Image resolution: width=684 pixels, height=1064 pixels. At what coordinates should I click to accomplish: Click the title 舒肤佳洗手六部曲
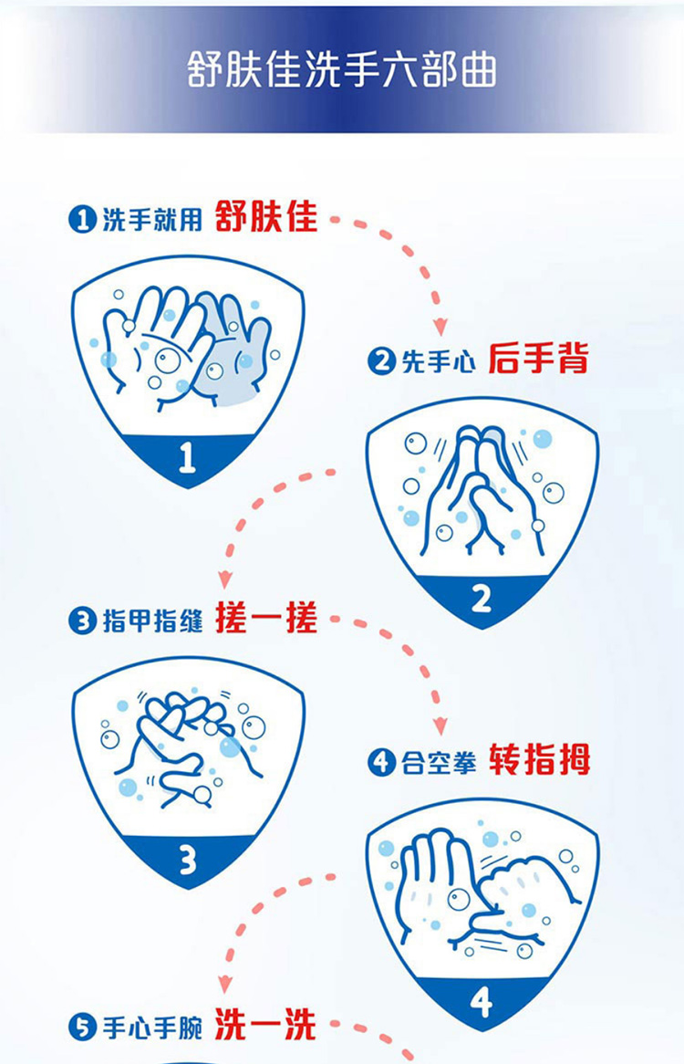(x=342, y=69)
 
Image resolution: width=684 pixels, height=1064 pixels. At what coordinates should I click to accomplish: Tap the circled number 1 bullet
(x=83, y=219)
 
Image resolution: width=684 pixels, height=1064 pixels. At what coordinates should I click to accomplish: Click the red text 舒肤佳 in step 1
(x=266, y=217)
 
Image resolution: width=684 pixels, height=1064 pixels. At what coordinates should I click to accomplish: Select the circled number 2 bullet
(x=381, y=361)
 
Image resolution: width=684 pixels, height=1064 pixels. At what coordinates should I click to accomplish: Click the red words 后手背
(x=539, y=359)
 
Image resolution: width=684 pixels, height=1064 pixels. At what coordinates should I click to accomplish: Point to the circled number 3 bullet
(x=83, y=621)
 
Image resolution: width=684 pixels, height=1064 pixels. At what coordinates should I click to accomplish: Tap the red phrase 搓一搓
(x=266, y=618)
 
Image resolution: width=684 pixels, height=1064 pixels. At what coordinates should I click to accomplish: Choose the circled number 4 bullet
(x=381, y=762)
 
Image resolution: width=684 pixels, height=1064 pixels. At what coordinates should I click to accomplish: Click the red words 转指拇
(x=540, y=759)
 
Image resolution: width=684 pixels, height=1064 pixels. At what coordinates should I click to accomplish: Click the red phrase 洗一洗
(x=265, y=1025)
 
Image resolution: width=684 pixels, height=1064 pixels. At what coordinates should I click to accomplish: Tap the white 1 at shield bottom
(x=187, y=457)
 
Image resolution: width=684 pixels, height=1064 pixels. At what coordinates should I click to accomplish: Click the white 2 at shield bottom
(x=482, y=600)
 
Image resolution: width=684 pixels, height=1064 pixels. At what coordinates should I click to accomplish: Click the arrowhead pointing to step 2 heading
(x=440, y=327)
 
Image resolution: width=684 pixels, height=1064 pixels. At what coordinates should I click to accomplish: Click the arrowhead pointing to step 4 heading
(x=440, y=726)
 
